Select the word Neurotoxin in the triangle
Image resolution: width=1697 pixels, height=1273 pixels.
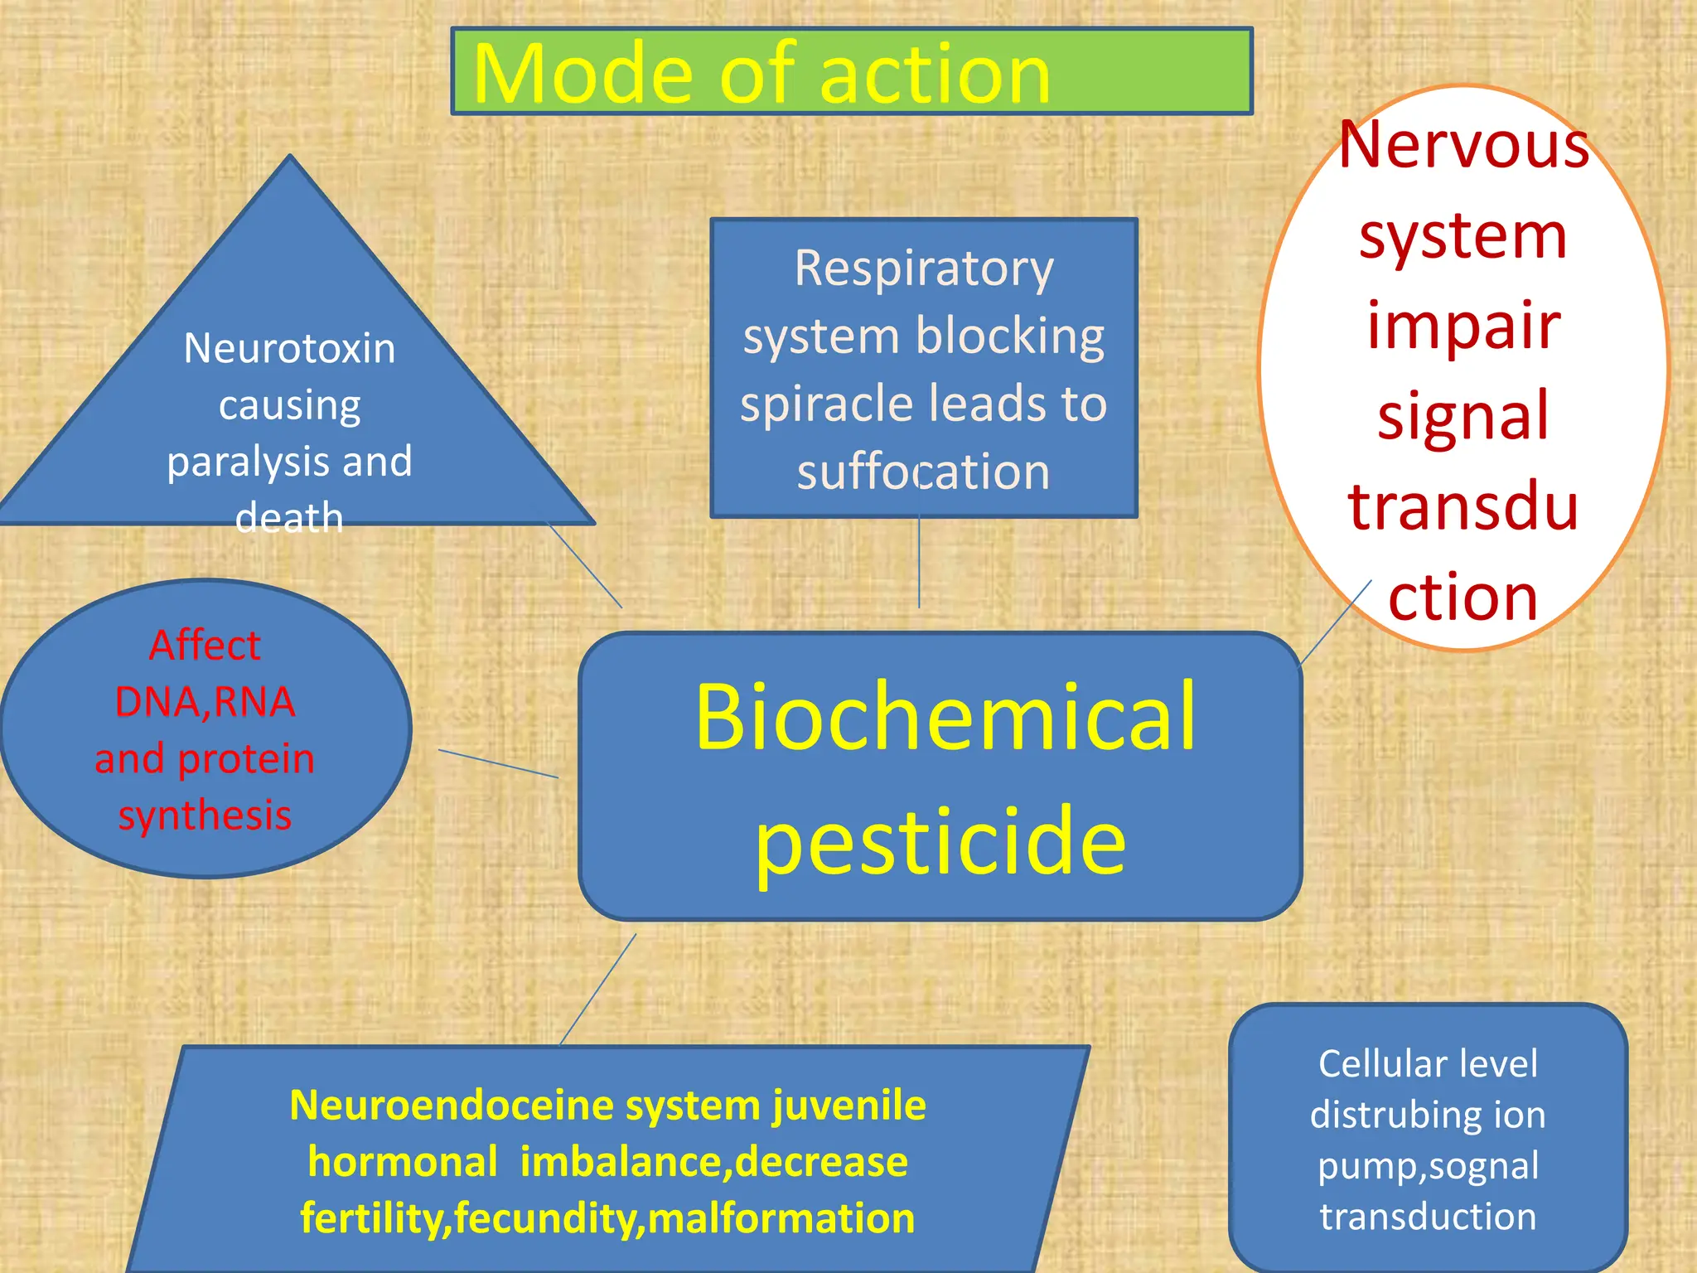[289, 348]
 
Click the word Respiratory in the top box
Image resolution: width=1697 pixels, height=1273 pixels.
[924, 269]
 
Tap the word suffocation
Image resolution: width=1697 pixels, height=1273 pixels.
[923, 472]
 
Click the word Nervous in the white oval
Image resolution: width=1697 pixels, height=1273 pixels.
[1463, 145]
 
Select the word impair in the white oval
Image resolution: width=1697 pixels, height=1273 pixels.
[1463, 325]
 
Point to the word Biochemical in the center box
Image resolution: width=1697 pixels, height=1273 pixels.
[945, 716]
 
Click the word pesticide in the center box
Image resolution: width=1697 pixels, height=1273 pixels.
[940, 840]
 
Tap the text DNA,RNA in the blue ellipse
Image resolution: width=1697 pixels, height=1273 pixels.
[205, 702]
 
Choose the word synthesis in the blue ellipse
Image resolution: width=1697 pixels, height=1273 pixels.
[205, 816]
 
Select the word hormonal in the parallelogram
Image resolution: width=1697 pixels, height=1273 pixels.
[403, 1162]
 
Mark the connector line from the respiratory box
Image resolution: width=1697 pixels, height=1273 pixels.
[919, 564]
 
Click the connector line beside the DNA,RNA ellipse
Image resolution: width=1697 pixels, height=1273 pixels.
[498, 763]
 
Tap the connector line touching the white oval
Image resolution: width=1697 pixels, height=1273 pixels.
[1335, 622]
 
